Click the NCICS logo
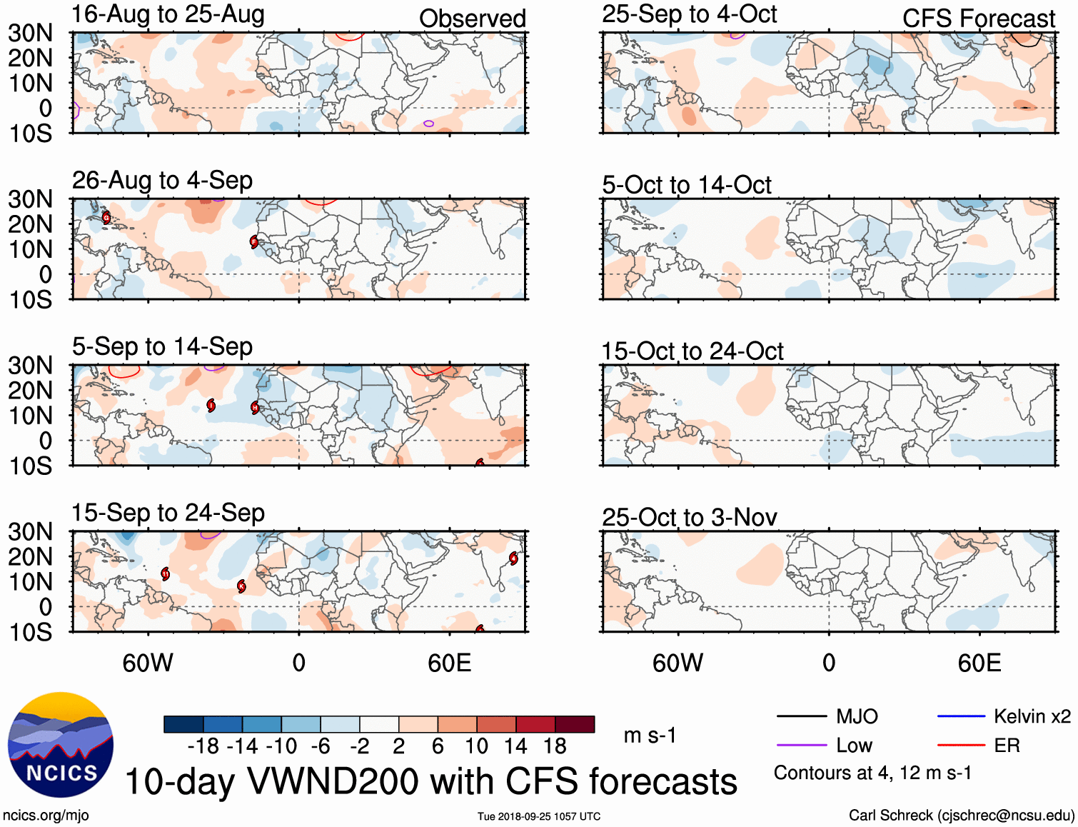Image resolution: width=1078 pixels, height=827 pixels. (x=61, y=744)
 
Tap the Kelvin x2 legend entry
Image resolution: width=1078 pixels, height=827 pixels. (x=1004, y=716)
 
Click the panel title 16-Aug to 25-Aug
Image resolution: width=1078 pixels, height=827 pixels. (x=168, y=14)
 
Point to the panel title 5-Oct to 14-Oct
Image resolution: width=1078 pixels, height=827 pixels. (x=686, y=185)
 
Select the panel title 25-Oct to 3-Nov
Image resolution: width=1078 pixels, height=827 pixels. (x=689, y=517)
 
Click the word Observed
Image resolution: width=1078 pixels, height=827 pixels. (x=472, y=19)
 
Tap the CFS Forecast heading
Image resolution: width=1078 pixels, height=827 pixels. (x=978, y=19)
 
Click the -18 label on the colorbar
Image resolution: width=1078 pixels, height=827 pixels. (x=203, y=746)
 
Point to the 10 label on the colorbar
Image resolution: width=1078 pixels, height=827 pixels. (x=476, y=746)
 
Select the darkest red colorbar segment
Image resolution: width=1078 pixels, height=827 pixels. (x=575, y=724)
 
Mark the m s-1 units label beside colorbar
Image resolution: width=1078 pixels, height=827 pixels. (x=650, y=735)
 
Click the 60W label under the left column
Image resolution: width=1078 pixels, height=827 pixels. (x=148, y=663)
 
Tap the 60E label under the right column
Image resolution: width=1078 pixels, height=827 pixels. (x=979, y=663)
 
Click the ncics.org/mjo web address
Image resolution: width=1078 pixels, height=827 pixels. (x=46, y=816)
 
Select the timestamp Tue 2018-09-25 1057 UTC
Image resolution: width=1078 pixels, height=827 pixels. (x=539, y=816)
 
